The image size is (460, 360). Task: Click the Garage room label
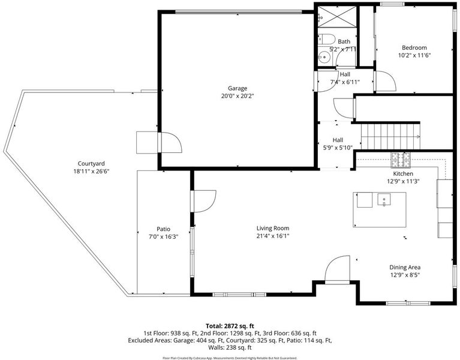[237, 88]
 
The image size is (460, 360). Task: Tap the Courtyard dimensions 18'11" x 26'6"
[91, 172]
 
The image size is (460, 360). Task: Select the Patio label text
[163, 229]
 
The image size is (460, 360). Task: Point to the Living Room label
[273, 228]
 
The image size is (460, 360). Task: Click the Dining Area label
[405, 267]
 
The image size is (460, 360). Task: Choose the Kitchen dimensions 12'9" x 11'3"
[403, 181]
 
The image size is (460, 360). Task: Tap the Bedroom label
[414, 47]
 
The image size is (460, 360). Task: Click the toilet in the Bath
[326, 39]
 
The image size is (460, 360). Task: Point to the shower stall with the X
[337, 17]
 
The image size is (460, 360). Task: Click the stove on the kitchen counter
[401, 160]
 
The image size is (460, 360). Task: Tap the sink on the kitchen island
[384, 200]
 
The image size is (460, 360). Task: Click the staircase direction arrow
[417, 137]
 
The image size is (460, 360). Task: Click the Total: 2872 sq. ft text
[230, 326]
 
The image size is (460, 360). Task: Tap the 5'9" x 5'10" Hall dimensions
[338, 148]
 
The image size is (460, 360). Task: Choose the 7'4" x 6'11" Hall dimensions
[345, 82]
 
